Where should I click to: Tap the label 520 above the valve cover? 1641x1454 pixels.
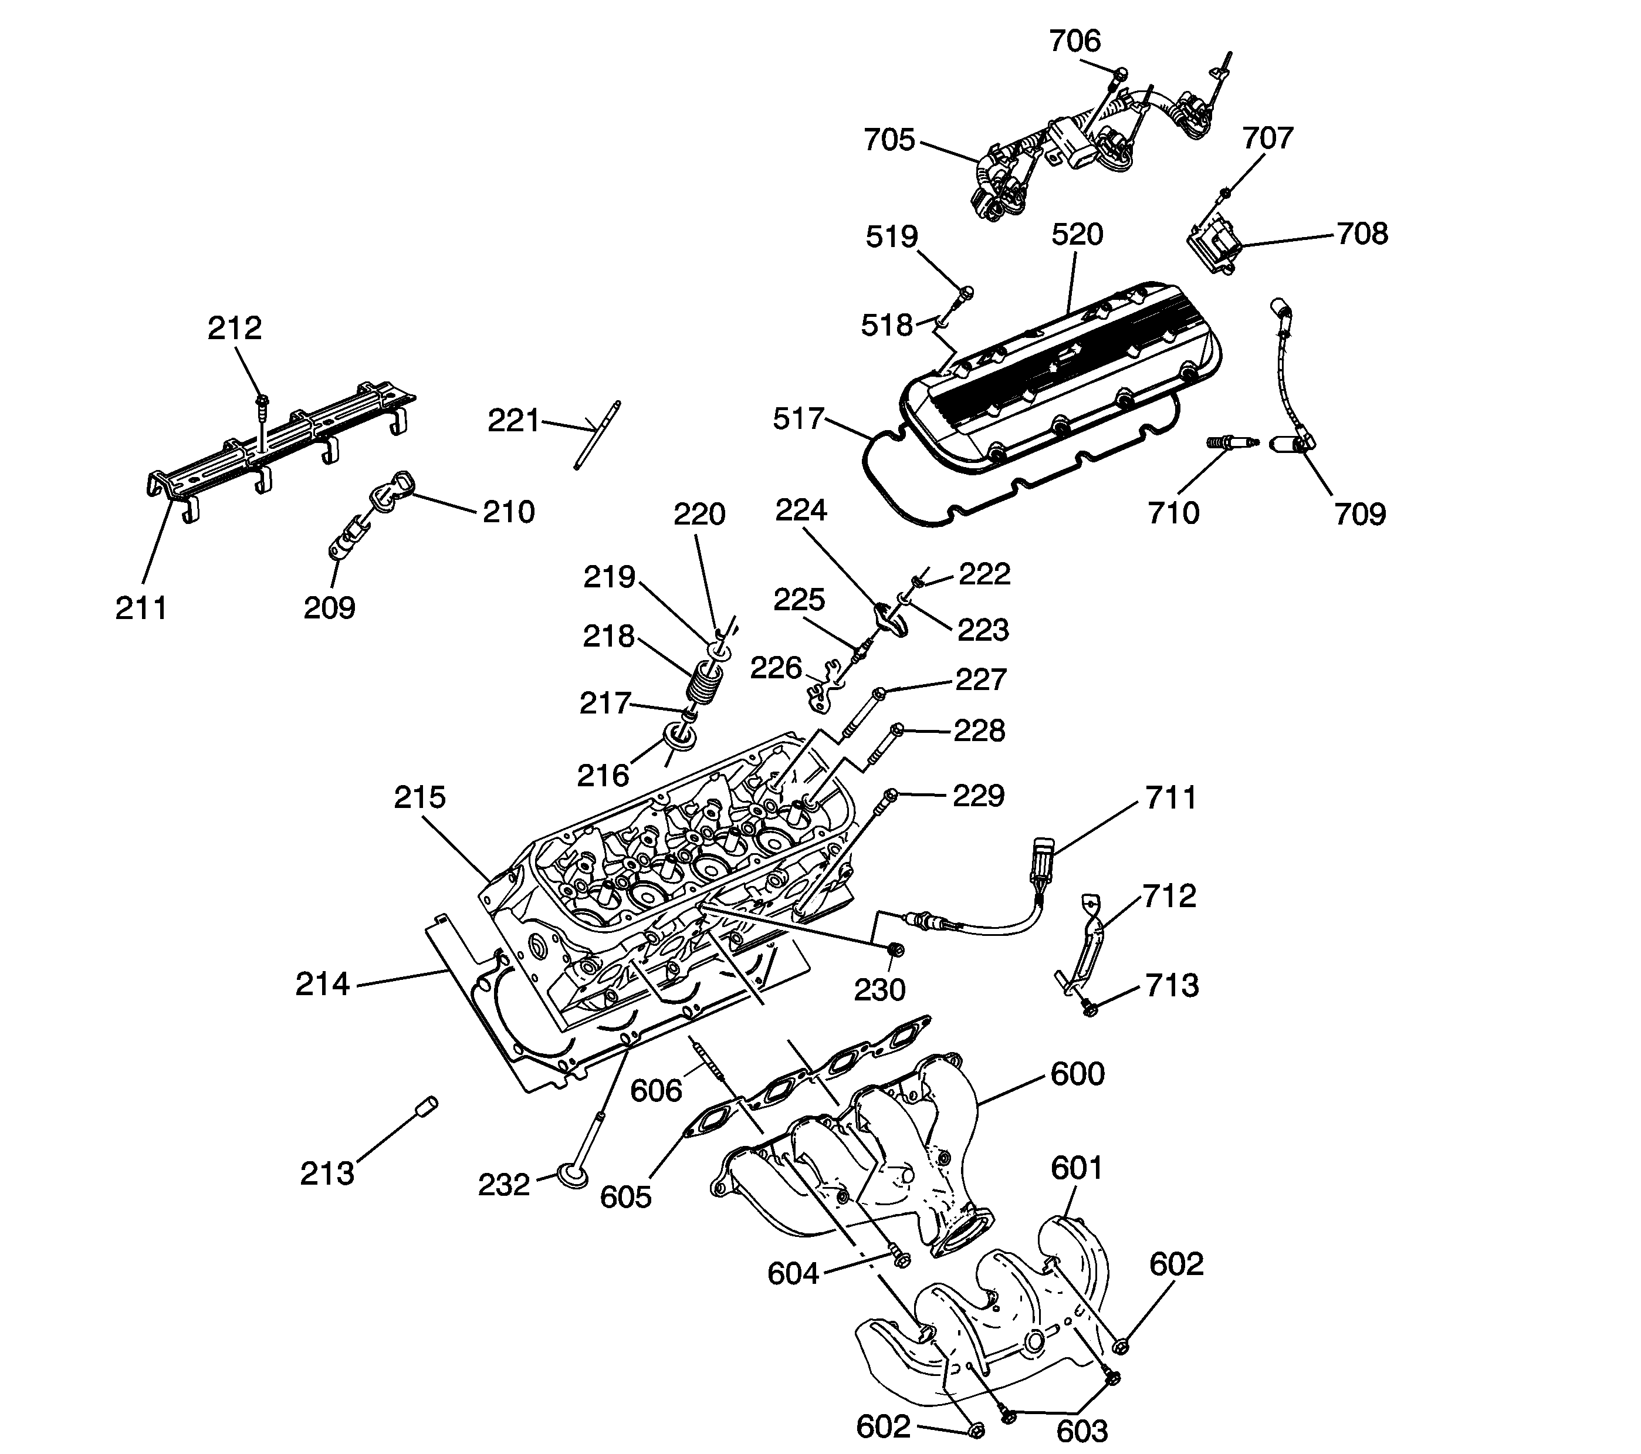1077,235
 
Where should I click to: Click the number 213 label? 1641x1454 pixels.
327,1174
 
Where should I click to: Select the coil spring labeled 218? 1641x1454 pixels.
704,680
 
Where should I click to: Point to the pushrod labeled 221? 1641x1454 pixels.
597,434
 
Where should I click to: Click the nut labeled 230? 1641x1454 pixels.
896,951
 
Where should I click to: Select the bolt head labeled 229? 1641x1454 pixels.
889,796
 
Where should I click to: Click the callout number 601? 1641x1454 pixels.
1077,1168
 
